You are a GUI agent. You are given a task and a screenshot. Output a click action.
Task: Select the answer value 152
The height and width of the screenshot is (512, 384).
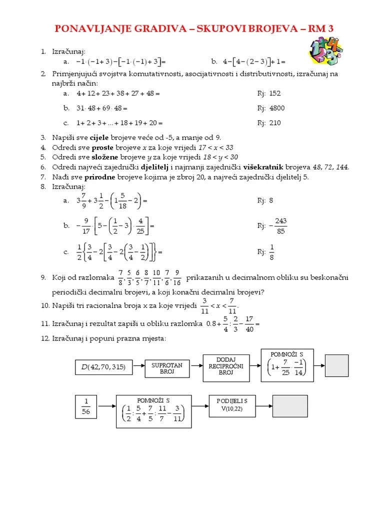[275, 93]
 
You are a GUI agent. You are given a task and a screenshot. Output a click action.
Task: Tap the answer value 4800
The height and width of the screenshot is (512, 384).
[277, 108]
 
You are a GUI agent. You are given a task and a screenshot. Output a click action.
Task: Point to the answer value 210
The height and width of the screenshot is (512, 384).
[275, 123]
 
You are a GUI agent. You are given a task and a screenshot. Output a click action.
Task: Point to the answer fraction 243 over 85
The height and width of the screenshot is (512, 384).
[278, 226]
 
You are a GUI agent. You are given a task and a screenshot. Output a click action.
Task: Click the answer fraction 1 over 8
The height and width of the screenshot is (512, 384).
[272, 252]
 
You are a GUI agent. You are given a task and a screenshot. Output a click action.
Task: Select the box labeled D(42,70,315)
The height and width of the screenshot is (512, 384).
[104, 367]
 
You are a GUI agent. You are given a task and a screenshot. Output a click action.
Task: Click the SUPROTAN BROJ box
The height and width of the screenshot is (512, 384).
[167, 368]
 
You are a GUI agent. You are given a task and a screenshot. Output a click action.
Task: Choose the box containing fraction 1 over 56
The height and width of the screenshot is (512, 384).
[86, 406]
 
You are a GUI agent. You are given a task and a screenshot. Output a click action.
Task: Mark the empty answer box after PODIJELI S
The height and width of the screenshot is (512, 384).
[289, 405]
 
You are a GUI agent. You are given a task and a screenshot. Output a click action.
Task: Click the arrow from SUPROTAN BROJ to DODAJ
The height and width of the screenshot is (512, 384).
[195, 368]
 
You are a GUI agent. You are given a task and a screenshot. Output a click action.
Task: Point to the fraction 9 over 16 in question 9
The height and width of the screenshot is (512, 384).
[177, 277]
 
